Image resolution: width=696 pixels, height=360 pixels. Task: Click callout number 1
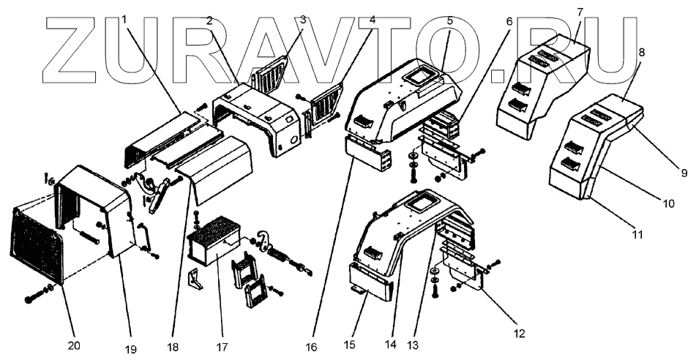125,18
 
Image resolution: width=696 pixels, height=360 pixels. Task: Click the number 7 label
580,12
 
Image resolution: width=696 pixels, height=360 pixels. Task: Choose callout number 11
637,235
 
